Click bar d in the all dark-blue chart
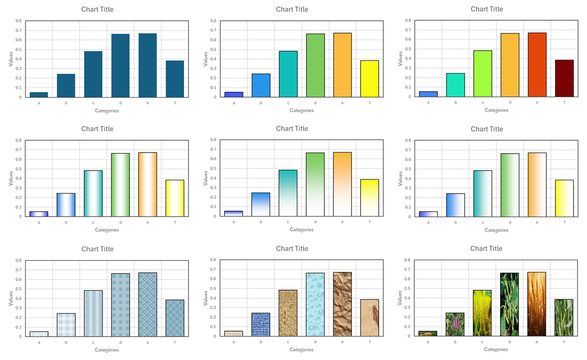pos(120,66)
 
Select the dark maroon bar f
pos(564,78)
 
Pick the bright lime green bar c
pos(482,74)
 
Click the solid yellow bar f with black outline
pos(369,79)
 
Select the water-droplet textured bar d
pos(315,305)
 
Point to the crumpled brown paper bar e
pos(342,304)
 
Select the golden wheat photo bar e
pos(537,304)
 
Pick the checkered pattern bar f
pos(174,318)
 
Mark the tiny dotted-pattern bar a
pos(38,334)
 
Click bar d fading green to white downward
pos(315,185)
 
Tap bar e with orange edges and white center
pos(147,185)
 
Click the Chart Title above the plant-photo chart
pos(486,249)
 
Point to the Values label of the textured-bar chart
pos(205,298)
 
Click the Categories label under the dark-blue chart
pos(107,111)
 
